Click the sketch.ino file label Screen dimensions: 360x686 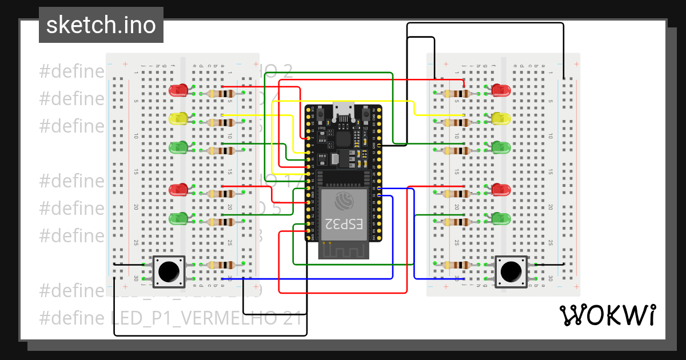coord(101,25)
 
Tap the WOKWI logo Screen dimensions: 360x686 coord(607,315)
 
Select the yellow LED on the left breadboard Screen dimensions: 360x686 coord(179,118)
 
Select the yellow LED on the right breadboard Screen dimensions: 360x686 coord(501,118)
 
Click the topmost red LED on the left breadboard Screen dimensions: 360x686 coord(179,90)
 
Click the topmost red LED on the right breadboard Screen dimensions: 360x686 coord(501,90)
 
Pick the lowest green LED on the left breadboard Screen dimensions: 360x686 coord(179,218)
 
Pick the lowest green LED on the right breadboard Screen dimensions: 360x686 coord(501,218)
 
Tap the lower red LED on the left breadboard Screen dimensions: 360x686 coord(179,190)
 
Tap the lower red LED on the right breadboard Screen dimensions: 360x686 coord(501,190)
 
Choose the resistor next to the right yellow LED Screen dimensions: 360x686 coord(456,122)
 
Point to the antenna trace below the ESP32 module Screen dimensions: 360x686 coord(344,250)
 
